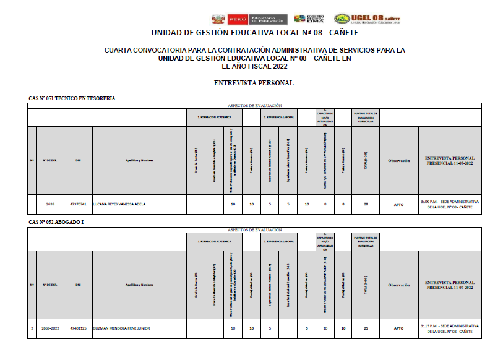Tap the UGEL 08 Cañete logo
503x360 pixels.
point(367,19)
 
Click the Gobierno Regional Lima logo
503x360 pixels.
point(310,19)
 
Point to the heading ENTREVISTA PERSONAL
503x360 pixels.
point(253,83)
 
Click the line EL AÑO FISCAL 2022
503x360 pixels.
point(254,67)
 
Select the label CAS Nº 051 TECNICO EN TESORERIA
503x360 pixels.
point(72,98)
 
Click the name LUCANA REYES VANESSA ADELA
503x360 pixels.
point(119,204)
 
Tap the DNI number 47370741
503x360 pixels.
point(78,204)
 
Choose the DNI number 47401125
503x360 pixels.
point(78,328)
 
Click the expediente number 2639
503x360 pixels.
point(50,204)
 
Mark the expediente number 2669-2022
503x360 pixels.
point(50,328)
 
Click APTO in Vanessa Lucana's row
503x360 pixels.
point(398,204)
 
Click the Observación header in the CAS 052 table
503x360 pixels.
point(398,285)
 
